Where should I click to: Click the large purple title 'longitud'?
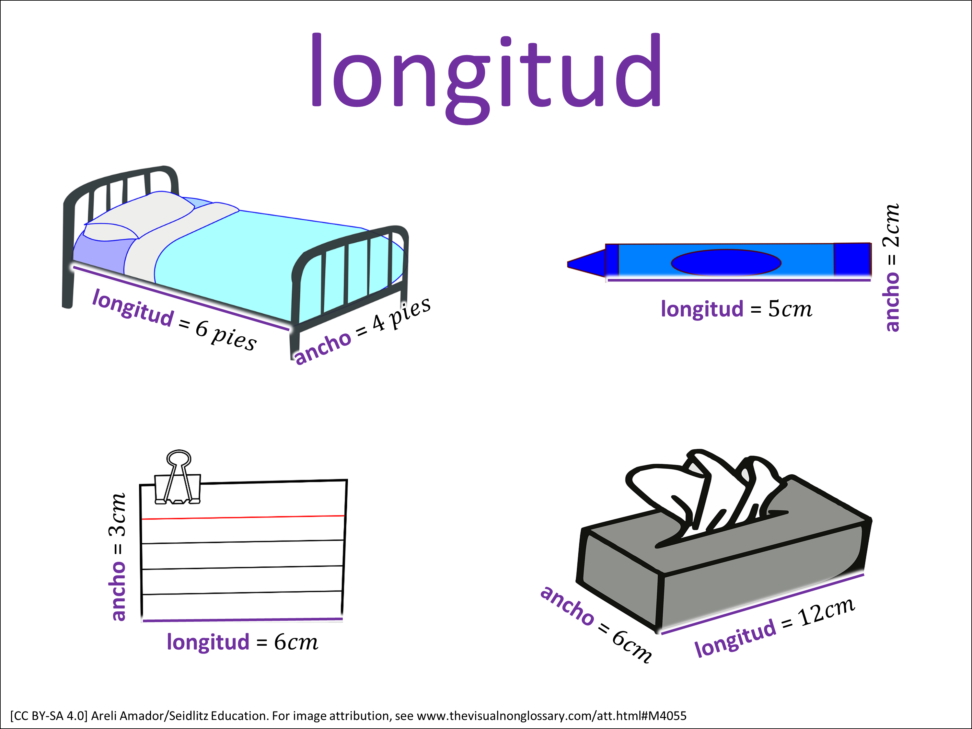(486, 78)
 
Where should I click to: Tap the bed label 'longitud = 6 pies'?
(174, 319)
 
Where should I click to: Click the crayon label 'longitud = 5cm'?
(736, 309)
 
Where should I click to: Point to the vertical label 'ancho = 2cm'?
(891, 267)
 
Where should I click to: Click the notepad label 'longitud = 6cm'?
(242, 642)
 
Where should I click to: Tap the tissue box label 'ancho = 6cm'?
(596, 624)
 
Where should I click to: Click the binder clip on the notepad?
(178, 478)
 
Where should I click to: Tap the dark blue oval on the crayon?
(726, 263)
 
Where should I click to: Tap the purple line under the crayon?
(739, 280)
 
